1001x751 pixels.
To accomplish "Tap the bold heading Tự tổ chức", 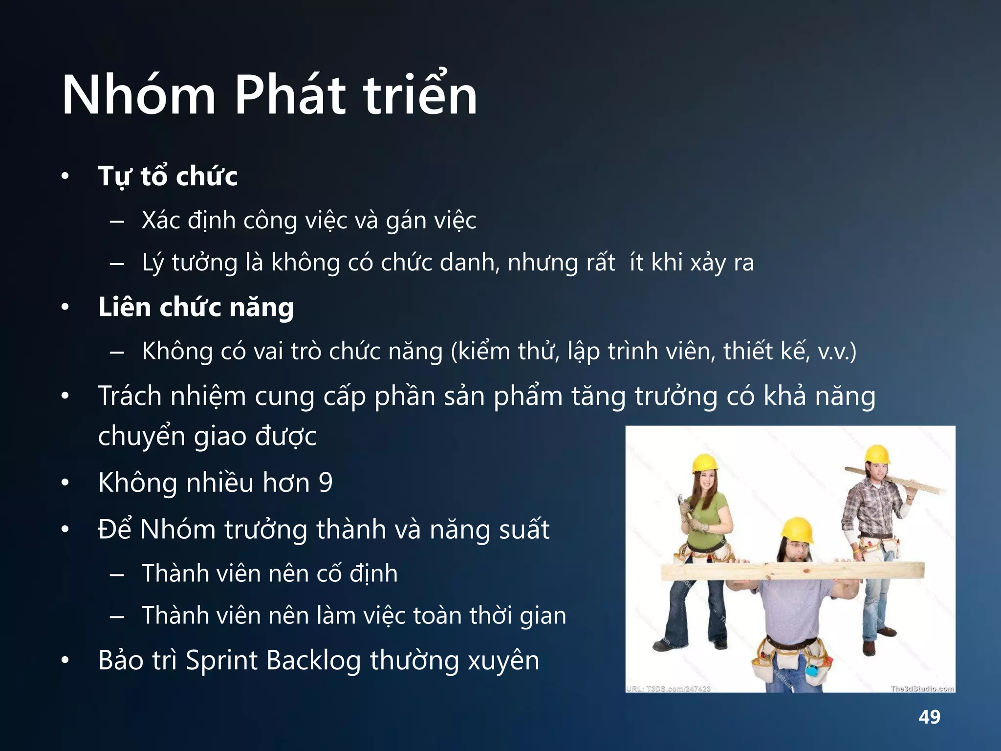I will point(168,177).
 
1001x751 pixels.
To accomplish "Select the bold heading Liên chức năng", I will point(196,308).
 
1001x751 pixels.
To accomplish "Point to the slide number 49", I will point(929,717).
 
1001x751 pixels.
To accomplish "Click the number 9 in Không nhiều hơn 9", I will point(326,483).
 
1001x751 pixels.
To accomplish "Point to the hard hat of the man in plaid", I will point(877,454).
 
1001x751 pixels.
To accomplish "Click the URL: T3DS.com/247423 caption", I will point(669,688).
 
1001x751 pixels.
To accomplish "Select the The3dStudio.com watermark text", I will point(922,688).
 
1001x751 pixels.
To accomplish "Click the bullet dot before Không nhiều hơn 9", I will point(65,483).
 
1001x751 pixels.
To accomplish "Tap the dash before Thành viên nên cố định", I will point(117,574).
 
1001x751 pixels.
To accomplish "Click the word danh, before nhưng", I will point(469,263).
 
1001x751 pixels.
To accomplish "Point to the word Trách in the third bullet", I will point(130,396).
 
